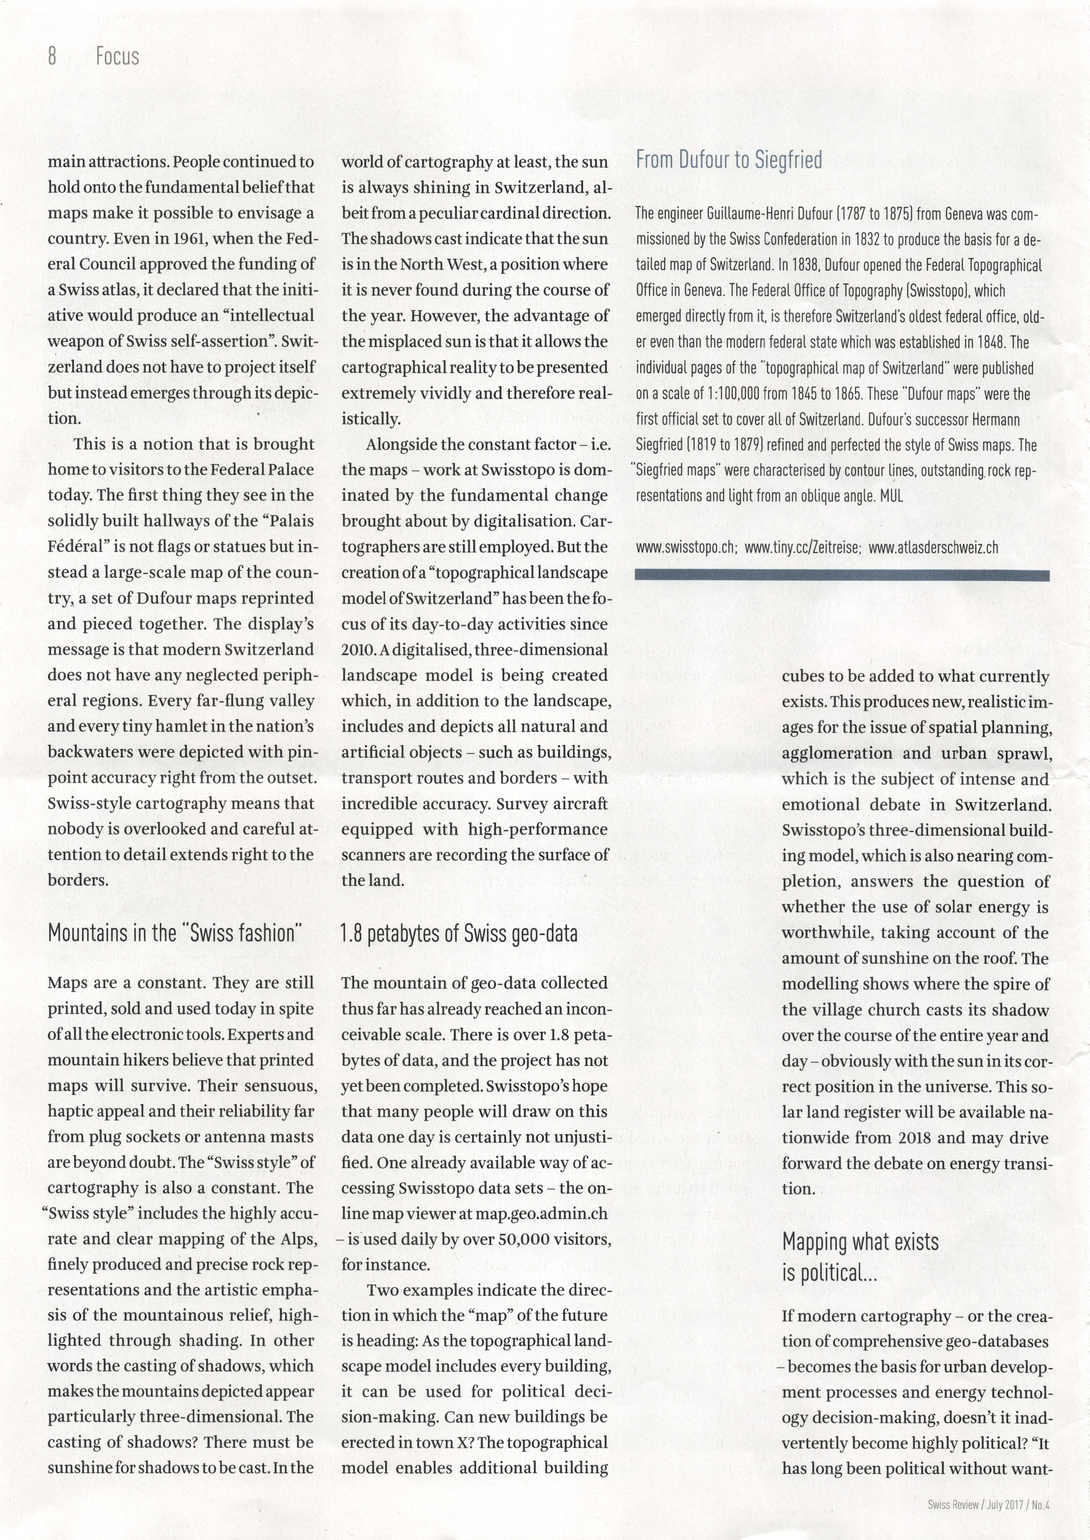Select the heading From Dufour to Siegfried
click(x=728, y=160)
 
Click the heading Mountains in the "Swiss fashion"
click(x=175, y=933)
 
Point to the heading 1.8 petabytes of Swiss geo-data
click(x=459, y=933)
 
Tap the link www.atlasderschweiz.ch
click(x=933, y=547)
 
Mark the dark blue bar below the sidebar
click(x=842, y=575)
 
